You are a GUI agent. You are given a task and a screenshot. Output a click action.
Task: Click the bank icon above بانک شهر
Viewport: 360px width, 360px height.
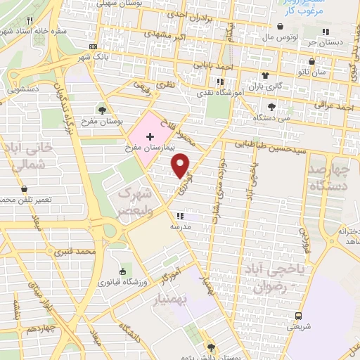coord(94,46)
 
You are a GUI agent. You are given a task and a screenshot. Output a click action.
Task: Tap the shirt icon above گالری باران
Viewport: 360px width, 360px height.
coord(265,75)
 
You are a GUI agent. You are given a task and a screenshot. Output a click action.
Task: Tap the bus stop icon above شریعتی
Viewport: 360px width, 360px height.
coord(299,315)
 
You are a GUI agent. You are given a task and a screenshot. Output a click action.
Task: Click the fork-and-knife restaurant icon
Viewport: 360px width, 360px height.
coord(29,21)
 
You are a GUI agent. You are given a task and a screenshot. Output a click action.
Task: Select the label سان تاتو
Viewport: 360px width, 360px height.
coord(332,72)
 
